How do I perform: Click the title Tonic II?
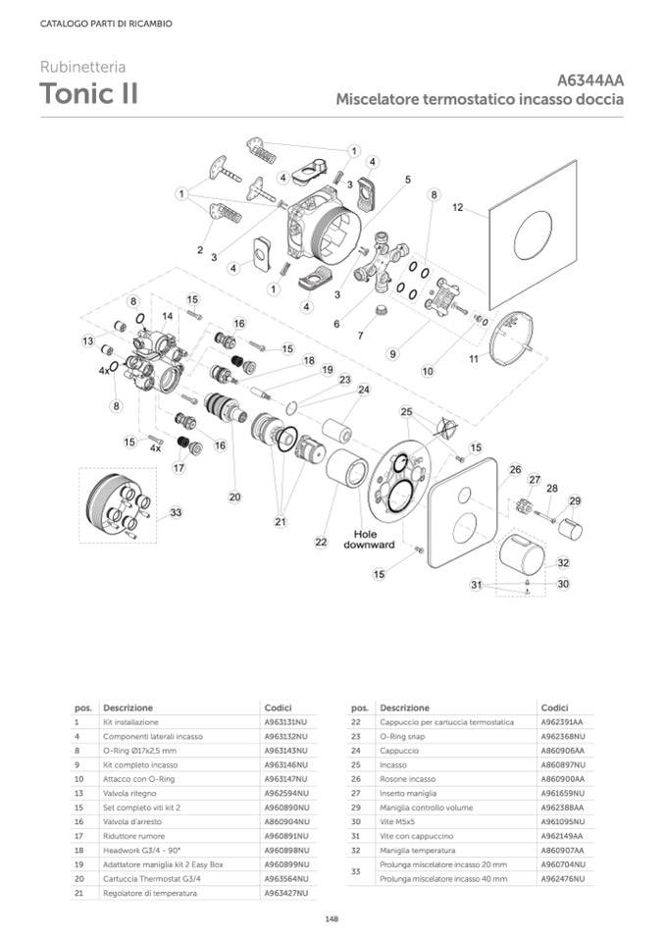tap(88, 94)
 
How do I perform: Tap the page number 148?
tap(332, 918)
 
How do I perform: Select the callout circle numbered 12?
tap(457, 208)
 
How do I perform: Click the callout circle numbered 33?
tap(176, 512)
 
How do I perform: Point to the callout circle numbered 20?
tap(234, 497)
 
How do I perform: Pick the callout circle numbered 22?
tap(320, 541)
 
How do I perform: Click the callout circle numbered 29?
tap(575, 500)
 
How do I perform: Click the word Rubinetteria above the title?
tap(82, 68)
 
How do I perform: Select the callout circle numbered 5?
tap(407, 181)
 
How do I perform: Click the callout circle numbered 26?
tap(514, 470)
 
